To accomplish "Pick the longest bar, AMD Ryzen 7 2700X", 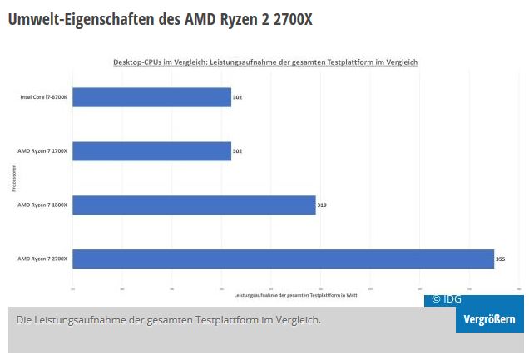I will [283, 259].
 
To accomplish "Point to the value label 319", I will [322, 205].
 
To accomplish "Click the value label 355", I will [500, 259].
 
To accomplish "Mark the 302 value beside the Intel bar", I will [237, 97].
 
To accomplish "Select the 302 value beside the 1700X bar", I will [237, 151].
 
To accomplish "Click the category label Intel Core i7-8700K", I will [44, 97].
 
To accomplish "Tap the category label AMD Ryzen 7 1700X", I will [43, 151].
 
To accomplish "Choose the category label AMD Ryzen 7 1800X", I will [43, 205].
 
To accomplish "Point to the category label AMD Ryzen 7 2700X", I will [43, 259].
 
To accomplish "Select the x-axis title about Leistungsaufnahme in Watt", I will [295, 295].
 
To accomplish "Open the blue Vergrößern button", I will [489, 320].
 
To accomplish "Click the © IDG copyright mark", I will [446, 299].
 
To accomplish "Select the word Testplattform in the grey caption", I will [226, 320].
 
